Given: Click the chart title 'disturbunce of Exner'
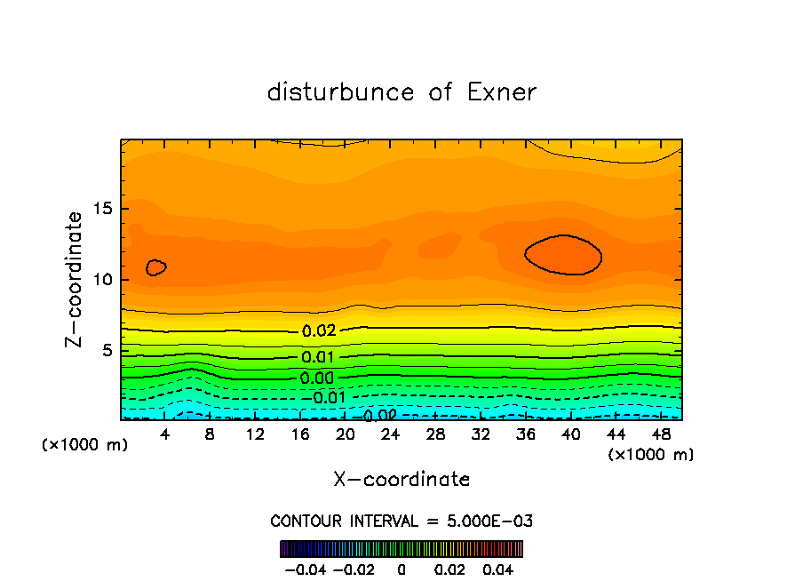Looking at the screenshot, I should tap(401, 92).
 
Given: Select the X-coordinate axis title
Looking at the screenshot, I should tap(401, 480).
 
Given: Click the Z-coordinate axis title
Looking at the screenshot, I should tap(75, 279).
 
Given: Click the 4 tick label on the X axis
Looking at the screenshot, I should tap(164, 434).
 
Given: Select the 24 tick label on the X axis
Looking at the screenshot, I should tap(390, 434).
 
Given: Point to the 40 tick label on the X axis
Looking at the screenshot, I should tap(570, 434).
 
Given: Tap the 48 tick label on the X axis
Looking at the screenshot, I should tap(661, 434).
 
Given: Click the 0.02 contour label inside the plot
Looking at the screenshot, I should tap(318, 331).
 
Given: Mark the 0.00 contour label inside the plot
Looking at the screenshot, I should tap(318, 378).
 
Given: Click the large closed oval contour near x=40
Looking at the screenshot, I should tap(563, 255).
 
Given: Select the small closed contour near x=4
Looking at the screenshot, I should tap(156, 267).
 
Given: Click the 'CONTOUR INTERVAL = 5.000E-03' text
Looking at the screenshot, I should tap(401, 521).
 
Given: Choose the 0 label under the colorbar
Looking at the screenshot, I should tap(401, 568).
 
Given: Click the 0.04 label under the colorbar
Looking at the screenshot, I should tap(498, 568).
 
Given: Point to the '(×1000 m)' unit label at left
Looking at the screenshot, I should tap(85, 445).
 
